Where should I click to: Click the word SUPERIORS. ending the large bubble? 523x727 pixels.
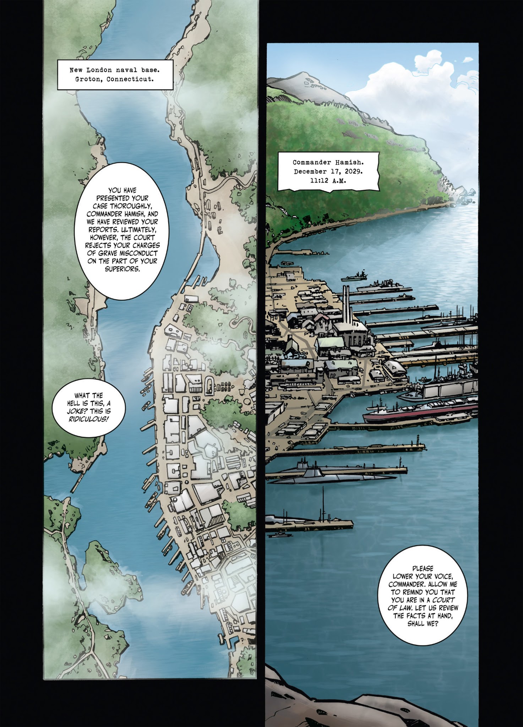[122, 269]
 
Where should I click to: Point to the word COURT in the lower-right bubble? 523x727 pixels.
[443, 600]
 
